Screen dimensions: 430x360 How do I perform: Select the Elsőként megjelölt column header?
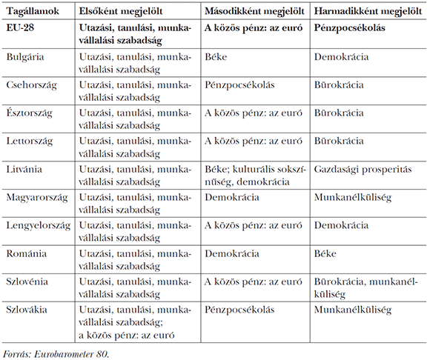[x=126, y=13]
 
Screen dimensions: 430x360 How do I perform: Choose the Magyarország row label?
[x=37, y=198]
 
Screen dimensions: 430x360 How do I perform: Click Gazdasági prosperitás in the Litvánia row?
[x=363, y=170]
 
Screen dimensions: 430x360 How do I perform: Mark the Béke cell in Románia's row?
[x=325, y=254]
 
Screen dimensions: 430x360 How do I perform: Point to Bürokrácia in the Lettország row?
[x=339, y=141]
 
